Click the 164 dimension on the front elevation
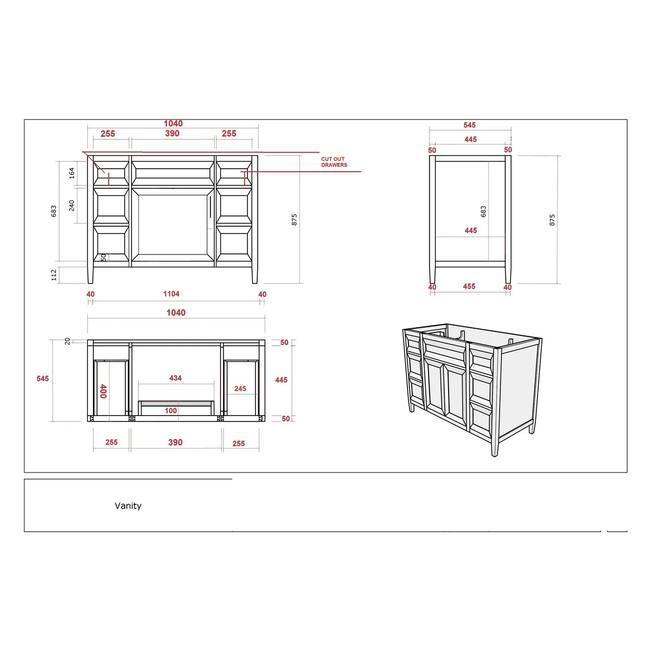coord(72,173)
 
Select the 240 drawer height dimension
coord(72,206)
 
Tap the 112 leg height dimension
coord(54,275)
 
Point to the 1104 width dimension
coord(171,294)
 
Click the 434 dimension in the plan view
coord(175,378)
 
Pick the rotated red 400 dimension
coord(104,391)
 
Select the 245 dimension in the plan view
coord(240,389)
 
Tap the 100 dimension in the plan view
coord(171,411)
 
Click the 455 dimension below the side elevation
coord(469,286)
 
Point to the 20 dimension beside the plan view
coord(68,341)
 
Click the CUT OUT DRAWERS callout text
coord(334,162)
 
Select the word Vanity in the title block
coord(128,506)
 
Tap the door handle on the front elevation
coord(210,207)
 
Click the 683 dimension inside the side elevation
coord(483,212)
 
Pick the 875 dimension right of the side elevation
coord(552,220)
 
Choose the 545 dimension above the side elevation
coord(470,125)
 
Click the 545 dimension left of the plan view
coord(42,379)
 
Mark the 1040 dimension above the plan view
coord(176,313)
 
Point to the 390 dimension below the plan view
coord(175,443)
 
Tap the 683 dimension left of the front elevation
coord(54,211)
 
